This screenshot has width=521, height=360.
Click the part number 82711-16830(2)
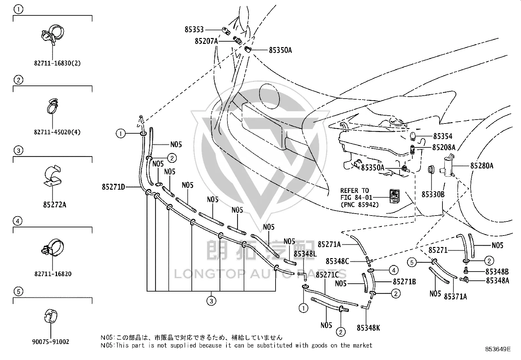(57, 63)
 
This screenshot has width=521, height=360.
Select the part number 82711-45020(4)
(57, 132)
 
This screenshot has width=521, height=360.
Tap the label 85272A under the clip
(55, 205)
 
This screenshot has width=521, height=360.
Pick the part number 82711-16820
(53, 274)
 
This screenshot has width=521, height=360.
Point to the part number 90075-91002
(51, 342)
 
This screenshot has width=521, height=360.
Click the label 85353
(194, 29)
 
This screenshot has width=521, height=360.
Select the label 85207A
(206, 41)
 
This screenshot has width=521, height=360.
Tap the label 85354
(443, 136)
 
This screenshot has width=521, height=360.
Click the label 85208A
(444, 147)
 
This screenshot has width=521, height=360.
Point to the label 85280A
(482, 166)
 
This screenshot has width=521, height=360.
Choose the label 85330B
(433, 195)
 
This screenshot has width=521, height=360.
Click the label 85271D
(114, 187)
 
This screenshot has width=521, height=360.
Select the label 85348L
(305, 254)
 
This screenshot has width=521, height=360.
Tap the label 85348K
(368, 328)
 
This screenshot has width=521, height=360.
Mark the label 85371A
(456, 297)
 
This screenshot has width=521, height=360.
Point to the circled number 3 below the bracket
(211, 301)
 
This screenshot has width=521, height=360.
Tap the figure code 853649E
(498, 349)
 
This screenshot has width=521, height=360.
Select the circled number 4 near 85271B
(394, 270)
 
